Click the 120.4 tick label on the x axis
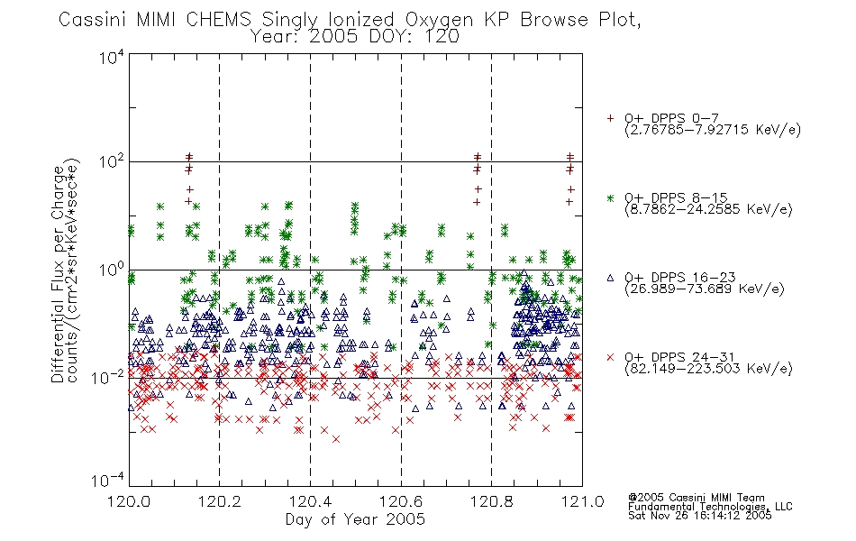coord(311,500)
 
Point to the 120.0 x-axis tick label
coord(129,500)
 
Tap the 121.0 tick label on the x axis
coord(582,500)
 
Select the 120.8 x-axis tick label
coord(492,500)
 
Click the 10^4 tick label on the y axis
coord(111,57)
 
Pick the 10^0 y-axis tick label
coord(111,270)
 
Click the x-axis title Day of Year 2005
coord(355,519)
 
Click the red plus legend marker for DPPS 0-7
coord(610,118)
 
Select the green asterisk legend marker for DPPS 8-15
coord(610,197)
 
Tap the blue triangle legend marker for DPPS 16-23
coord(610,278)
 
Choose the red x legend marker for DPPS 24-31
coord(610,357)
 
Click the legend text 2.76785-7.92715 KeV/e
coord(713,130)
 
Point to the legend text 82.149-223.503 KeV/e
coord(708,369)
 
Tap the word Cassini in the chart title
coord(93,19)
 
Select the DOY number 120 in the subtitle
coord(442,37)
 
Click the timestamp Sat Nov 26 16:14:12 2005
coord(700,515)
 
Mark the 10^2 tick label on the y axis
coord(111,162)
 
